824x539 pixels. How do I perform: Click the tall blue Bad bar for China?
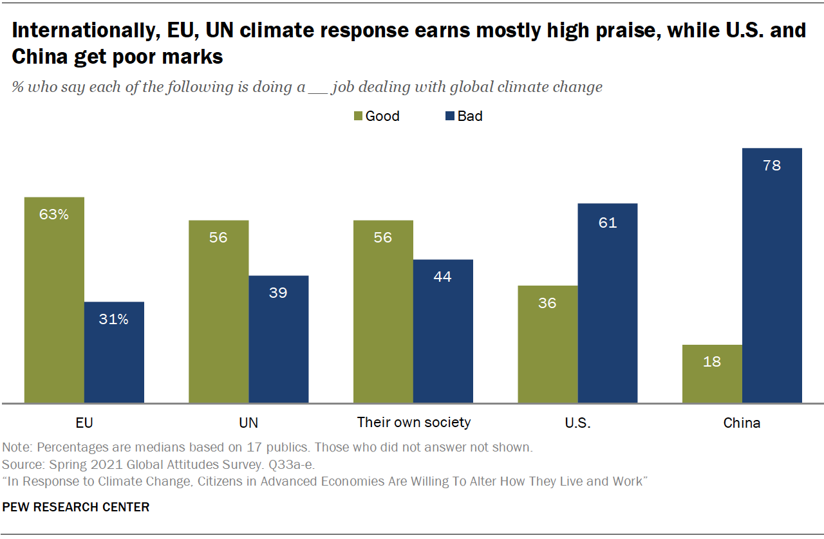tap(772, 276)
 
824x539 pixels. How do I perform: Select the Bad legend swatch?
tap(450, 116)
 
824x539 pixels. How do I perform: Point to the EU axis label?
tap(84, 423)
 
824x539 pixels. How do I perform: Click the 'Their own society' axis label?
tap(413, 423)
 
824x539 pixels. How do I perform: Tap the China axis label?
tap(742, 423)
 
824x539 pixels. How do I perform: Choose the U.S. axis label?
tap(577, 423)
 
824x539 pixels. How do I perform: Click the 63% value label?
tap(54, 214)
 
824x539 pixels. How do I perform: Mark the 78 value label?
tap(772, 165)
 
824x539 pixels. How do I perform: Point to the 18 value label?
tap(712, 361)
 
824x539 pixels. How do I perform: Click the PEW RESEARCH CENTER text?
tap(76, 507)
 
